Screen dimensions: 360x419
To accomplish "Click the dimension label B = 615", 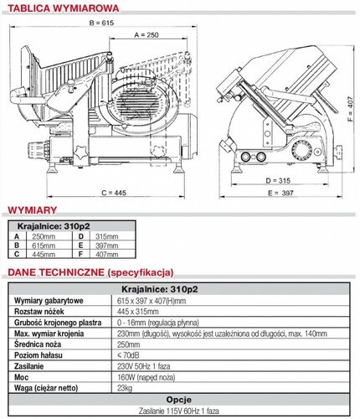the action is tap(101, 23).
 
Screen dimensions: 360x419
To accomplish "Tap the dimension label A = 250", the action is tap(147, 35).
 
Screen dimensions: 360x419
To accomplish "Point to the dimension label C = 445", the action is tap(114, 193).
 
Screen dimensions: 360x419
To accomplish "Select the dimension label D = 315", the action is tap(278, 181).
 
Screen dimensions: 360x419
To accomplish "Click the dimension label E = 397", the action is tap(280, 193).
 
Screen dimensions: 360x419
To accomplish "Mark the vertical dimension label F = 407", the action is tap(351, 109).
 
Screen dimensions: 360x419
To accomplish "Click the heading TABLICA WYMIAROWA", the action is tap(64, 8).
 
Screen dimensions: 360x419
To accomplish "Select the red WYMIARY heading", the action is tap(33, 210).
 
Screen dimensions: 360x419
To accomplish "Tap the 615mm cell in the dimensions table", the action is tap(44, 246).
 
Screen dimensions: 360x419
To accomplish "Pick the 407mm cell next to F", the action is tap(107, 255).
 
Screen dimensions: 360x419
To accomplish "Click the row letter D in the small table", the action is tap(81, 236).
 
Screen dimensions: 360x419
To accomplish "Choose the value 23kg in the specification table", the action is tap(125, 388).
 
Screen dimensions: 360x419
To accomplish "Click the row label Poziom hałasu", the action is tap(39, 355).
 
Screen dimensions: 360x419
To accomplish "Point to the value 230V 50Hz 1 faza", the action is tap(144, 366).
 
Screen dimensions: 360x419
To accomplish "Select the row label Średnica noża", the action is tap(38, 344).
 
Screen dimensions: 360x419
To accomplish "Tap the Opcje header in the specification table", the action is tap(179, 400).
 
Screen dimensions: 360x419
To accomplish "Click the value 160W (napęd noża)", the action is tap(147, 377).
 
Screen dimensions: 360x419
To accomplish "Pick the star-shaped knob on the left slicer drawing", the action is tap(81, 153).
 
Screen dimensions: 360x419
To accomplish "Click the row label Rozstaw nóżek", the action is tap(39, 312).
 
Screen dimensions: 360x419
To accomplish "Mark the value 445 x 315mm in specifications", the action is tap(138, 312).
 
